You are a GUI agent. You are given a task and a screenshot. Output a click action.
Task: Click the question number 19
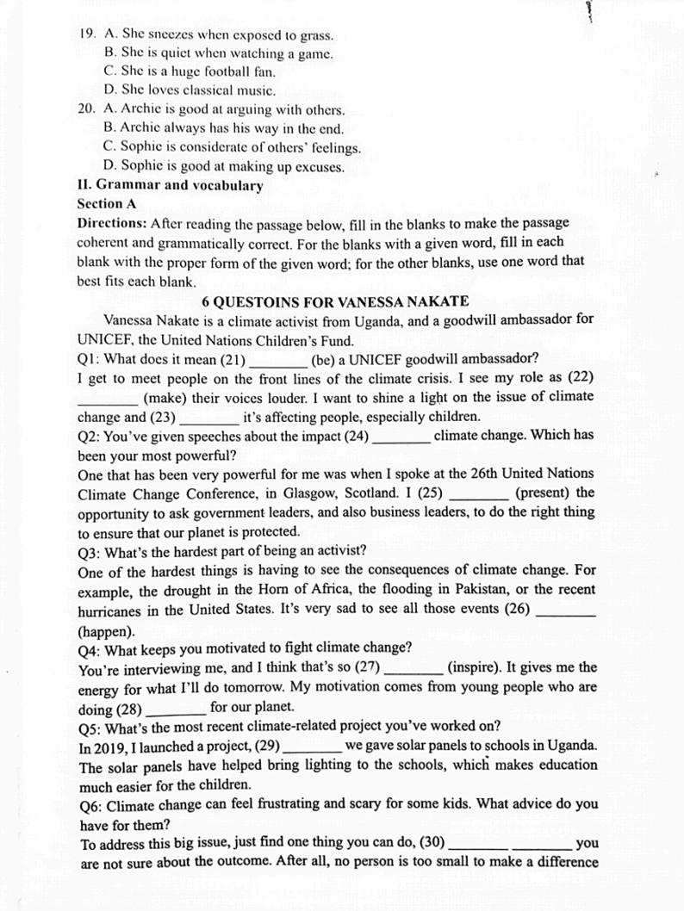(x=85, y=35)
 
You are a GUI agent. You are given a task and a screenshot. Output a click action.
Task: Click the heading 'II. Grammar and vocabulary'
(x=170, y=185)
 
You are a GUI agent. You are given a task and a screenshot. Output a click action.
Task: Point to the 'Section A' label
(x=107, y=204)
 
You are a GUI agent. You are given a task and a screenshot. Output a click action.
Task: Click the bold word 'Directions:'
(x=112, y=223)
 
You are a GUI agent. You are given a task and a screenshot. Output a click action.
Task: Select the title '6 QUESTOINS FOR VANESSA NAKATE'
(x=335, y=301)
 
